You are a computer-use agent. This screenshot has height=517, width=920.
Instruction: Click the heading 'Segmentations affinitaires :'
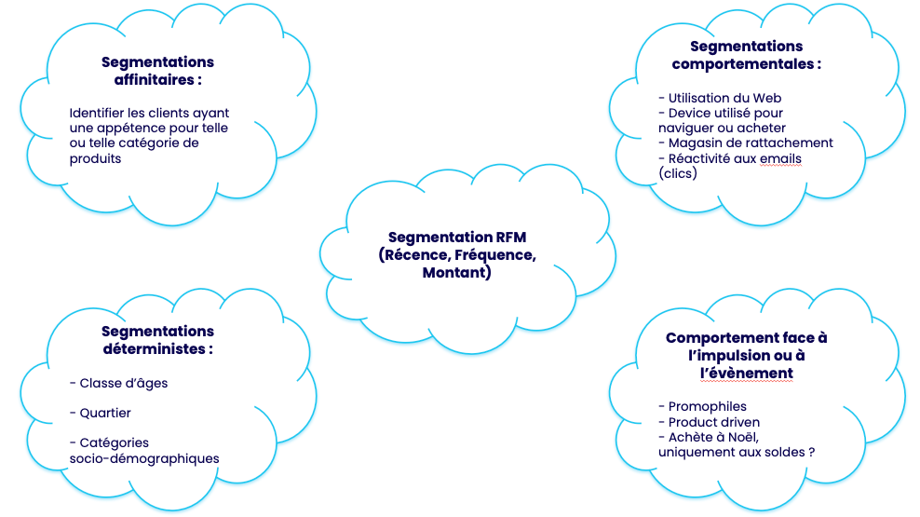[157, 71]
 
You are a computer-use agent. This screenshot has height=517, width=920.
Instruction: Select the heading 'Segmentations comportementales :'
[747, 55]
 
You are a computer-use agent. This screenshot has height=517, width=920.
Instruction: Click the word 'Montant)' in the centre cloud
[456, 273]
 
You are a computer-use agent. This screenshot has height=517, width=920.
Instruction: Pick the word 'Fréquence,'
[494, 255]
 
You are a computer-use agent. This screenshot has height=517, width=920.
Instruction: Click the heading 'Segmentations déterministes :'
[157, 340]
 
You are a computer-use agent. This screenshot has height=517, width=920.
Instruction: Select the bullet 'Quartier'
[105, 413]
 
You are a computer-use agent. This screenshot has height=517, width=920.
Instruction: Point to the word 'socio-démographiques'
[144, 458]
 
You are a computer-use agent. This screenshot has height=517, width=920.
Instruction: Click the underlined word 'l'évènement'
[747, 373]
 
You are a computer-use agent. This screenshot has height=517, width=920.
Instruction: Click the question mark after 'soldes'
[811, 452]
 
